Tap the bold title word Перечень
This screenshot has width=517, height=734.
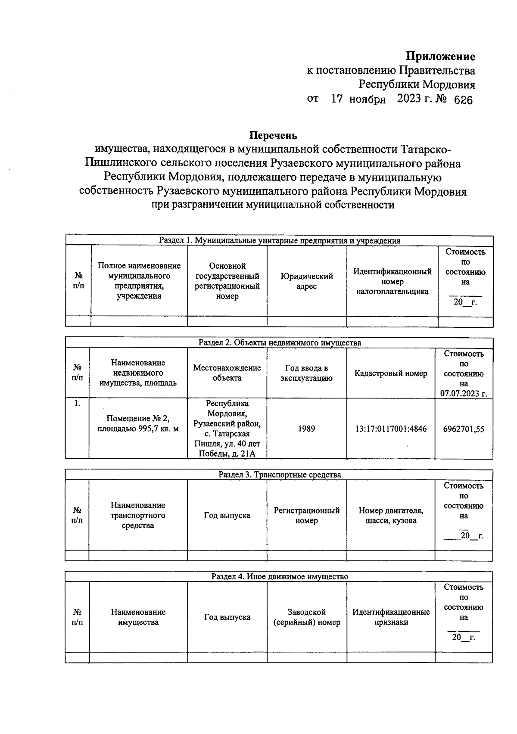point(274,136)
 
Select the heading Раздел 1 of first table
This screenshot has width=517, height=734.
point(279,241)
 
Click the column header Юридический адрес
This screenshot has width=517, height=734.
point(306,281)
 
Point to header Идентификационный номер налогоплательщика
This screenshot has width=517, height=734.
point(392,281)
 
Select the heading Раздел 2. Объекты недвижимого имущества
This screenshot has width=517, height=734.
point(279,343)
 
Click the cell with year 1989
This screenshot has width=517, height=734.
point(306,429)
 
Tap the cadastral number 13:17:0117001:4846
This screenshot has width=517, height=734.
point(391,429)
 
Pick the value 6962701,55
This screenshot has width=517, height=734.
point(464,429)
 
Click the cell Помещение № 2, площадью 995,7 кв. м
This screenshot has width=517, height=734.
point(138,423)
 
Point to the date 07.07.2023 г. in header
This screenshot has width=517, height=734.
point(464,394)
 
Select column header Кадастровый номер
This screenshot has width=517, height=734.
point(391,373)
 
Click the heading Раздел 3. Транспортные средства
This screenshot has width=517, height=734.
point(279,475)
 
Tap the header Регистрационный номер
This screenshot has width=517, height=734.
point(306,515)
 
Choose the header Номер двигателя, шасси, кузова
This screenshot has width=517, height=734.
point(391,515)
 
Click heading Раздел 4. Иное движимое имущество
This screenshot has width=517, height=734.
point(279,576)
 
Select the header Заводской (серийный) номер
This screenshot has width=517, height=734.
point(306,617)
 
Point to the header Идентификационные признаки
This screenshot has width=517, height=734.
point(391,617)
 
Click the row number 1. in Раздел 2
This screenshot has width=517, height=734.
point(77,404)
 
